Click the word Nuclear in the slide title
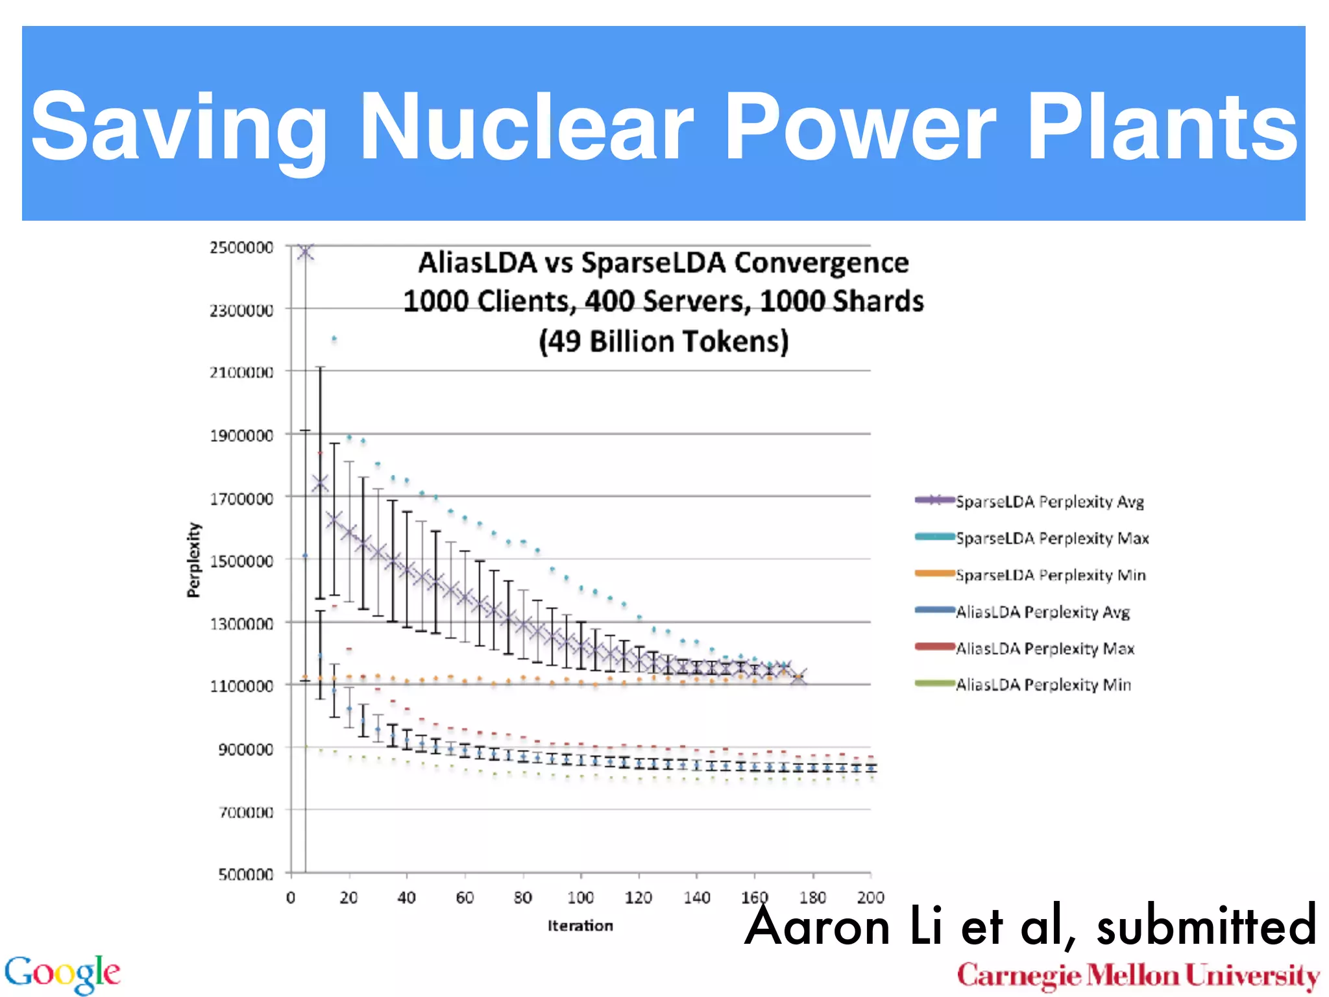click(526, 127)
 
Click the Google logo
click(62, 974)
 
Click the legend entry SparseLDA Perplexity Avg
click(1049, 502)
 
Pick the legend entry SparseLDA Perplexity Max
click(1052, 539)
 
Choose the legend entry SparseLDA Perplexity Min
click(1051, 575)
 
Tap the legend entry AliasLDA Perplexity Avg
click(1043, 612)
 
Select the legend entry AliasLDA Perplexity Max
click(1045, 648)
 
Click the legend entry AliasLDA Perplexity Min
click(1043, 685)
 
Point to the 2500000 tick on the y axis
click(241, 247)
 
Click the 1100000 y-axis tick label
click(241, 686)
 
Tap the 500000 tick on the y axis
click(245, 874)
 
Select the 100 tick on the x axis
click(580, 898)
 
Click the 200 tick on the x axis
click(870, 898)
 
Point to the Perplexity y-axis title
click(193, 560)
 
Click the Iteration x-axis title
click(580, 926)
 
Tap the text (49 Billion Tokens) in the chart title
click(663, 341)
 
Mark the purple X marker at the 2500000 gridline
click(306, 251)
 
